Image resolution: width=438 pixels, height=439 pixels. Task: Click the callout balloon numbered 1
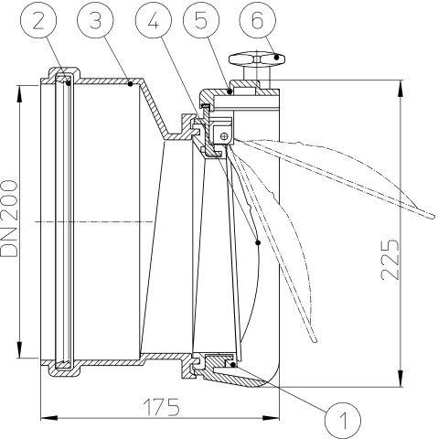343,420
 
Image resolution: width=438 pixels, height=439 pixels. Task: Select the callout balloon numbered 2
38,21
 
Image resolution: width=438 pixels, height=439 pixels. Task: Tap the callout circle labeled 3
95,21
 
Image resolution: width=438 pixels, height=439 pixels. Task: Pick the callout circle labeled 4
154,21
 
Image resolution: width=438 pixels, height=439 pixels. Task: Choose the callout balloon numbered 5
201,21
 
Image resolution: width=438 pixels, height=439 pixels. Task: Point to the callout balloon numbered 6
258,21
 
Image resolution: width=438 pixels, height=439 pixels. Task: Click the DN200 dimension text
9,219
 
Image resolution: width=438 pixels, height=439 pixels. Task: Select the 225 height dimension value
390,260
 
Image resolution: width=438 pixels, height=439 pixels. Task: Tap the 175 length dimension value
162,407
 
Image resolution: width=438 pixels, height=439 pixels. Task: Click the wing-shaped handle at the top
257,59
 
